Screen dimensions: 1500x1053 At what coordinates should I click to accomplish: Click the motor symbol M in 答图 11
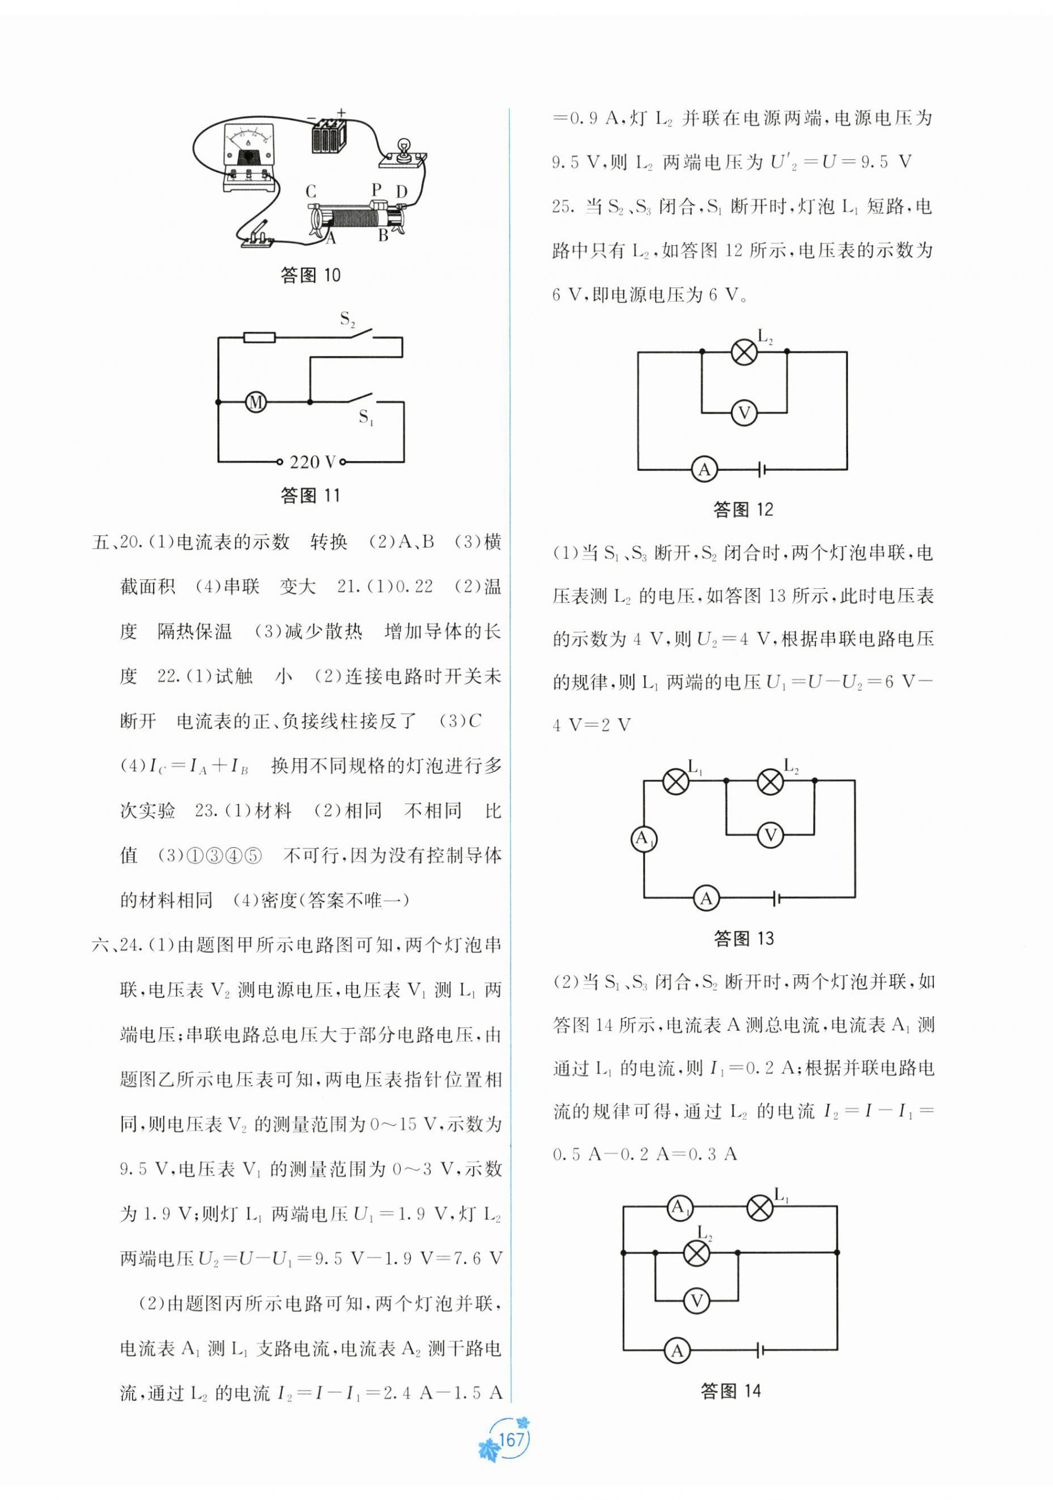255,402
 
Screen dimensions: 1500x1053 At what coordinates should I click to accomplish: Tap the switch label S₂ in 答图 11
347,319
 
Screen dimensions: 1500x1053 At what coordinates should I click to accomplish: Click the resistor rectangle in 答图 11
259,338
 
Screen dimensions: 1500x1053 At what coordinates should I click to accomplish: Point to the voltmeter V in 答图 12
744,413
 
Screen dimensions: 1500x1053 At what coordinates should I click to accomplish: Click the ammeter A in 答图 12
704,469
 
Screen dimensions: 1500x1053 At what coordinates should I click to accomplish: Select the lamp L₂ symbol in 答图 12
744,352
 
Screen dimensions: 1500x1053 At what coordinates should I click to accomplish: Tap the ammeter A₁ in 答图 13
644,839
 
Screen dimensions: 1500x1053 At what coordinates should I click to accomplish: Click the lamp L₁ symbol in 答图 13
676,781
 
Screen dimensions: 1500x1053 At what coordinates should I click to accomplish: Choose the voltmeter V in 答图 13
771,834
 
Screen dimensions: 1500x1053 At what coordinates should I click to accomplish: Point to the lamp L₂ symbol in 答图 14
696,1252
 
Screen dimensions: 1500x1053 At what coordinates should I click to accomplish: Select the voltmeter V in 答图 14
696,1300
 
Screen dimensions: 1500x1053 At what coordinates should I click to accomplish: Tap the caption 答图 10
311,275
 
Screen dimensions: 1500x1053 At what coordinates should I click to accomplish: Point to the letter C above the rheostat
311,191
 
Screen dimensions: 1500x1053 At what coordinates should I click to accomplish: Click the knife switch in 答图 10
257,237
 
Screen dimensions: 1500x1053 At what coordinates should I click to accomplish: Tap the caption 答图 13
744,939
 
